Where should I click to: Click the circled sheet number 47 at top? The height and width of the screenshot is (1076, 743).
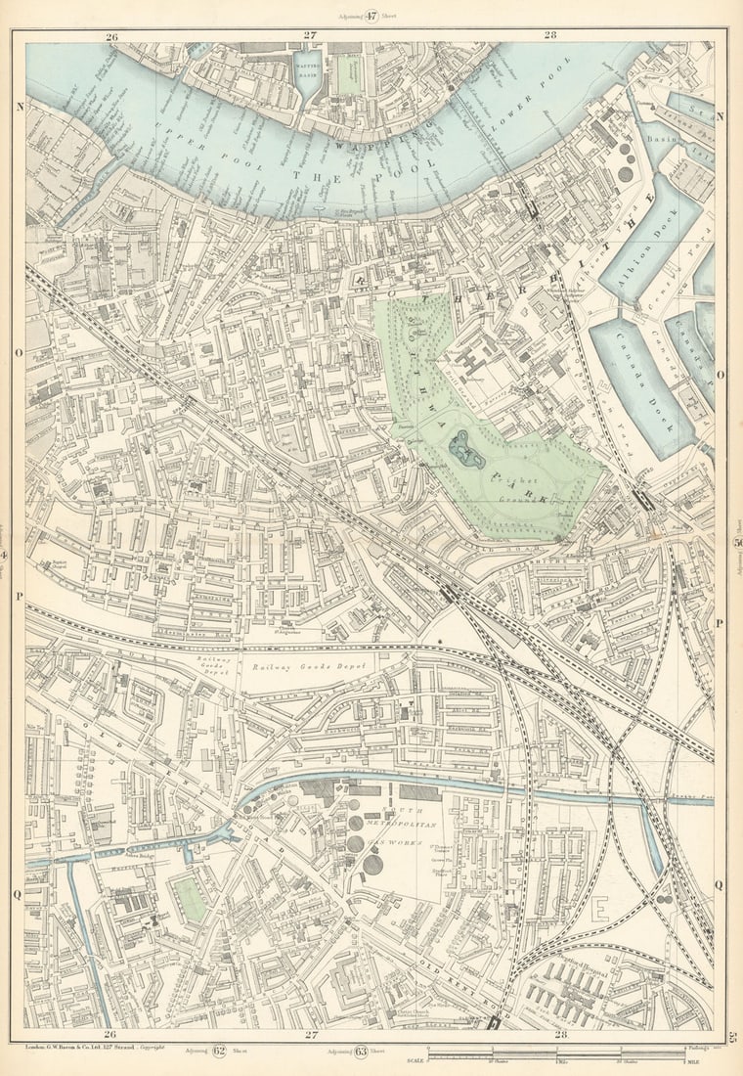(371, 16)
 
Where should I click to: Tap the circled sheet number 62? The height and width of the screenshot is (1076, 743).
(218, 1052)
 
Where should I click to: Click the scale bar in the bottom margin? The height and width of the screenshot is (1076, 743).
(555, 1054)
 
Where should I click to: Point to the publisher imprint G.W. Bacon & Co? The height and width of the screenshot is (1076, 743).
(82, 1047)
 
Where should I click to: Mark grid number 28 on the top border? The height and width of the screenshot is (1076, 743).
(550, 35)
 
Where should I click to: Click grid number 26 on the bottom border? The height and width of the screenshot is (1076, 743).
(110, 1034)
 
